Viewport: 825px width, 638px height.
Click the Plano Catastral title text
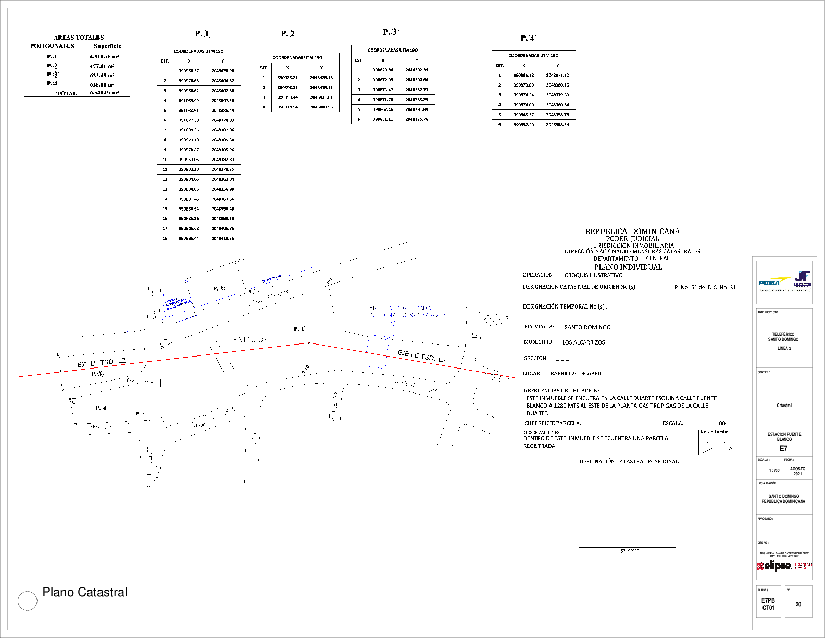(85, 592)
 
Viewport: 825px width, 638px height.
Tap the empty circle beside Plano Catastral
(28, 601)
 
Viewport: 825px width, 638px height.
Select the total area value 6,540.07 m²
(104, 93)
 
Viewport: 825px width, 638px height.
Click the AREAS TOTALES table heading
(79, 38)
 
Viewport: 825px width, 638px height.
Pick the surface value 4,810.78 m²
(104, 56)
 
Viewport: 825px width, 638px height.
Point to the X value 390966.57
(189, 71)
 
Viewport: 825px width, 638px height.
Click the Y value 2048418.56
(222, 238)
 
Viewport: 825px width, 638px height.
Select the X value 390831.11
(382, 119)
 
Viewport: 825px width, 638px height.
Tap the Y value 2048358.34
(557, 125)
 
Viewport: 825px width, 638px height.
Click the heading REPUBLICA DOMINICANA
(632, 231)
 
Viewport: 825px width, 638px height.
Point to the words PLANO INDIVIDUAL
(628, 267)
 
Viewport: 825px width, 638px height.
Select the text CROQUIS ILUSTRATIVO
(593, 275)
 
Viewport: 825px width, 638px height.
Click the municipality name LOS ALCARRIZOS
(583, 343)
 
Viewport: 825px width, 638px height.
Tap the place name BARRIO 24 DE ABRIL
(576, 374)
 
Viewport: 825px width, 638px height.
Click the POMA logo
(769, 283)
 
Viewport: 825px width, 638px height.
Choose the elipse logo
(774, 566)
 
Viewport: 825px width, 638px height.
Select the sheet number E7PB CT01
(768, 604)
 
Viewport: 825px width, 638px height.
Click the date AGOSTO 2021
(797, 471)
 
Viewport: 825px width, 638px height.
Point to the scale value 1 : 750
(774, 471)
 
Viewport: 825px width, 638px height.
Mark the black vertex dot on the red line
(309, 343)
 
